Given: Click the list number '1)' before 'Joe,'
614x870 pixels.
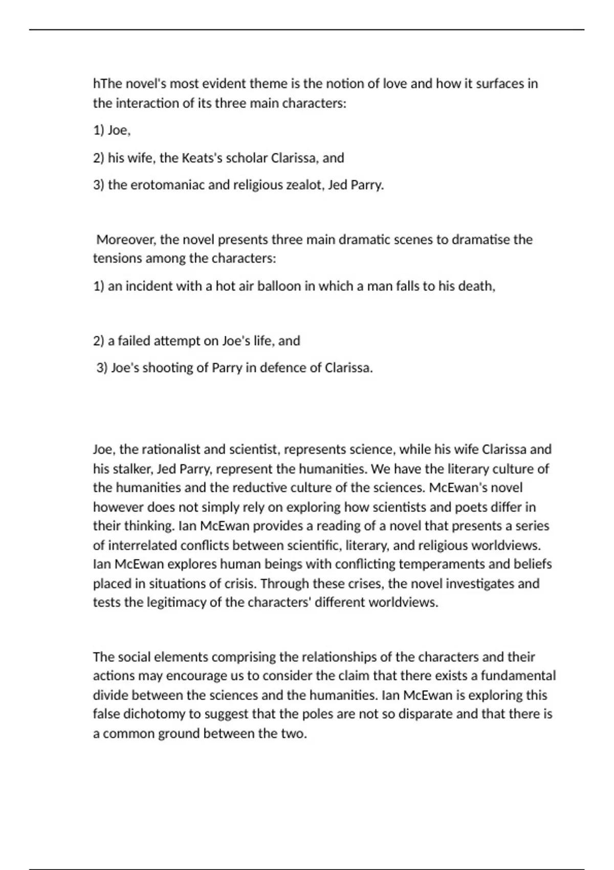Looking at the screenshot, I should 98,130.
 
